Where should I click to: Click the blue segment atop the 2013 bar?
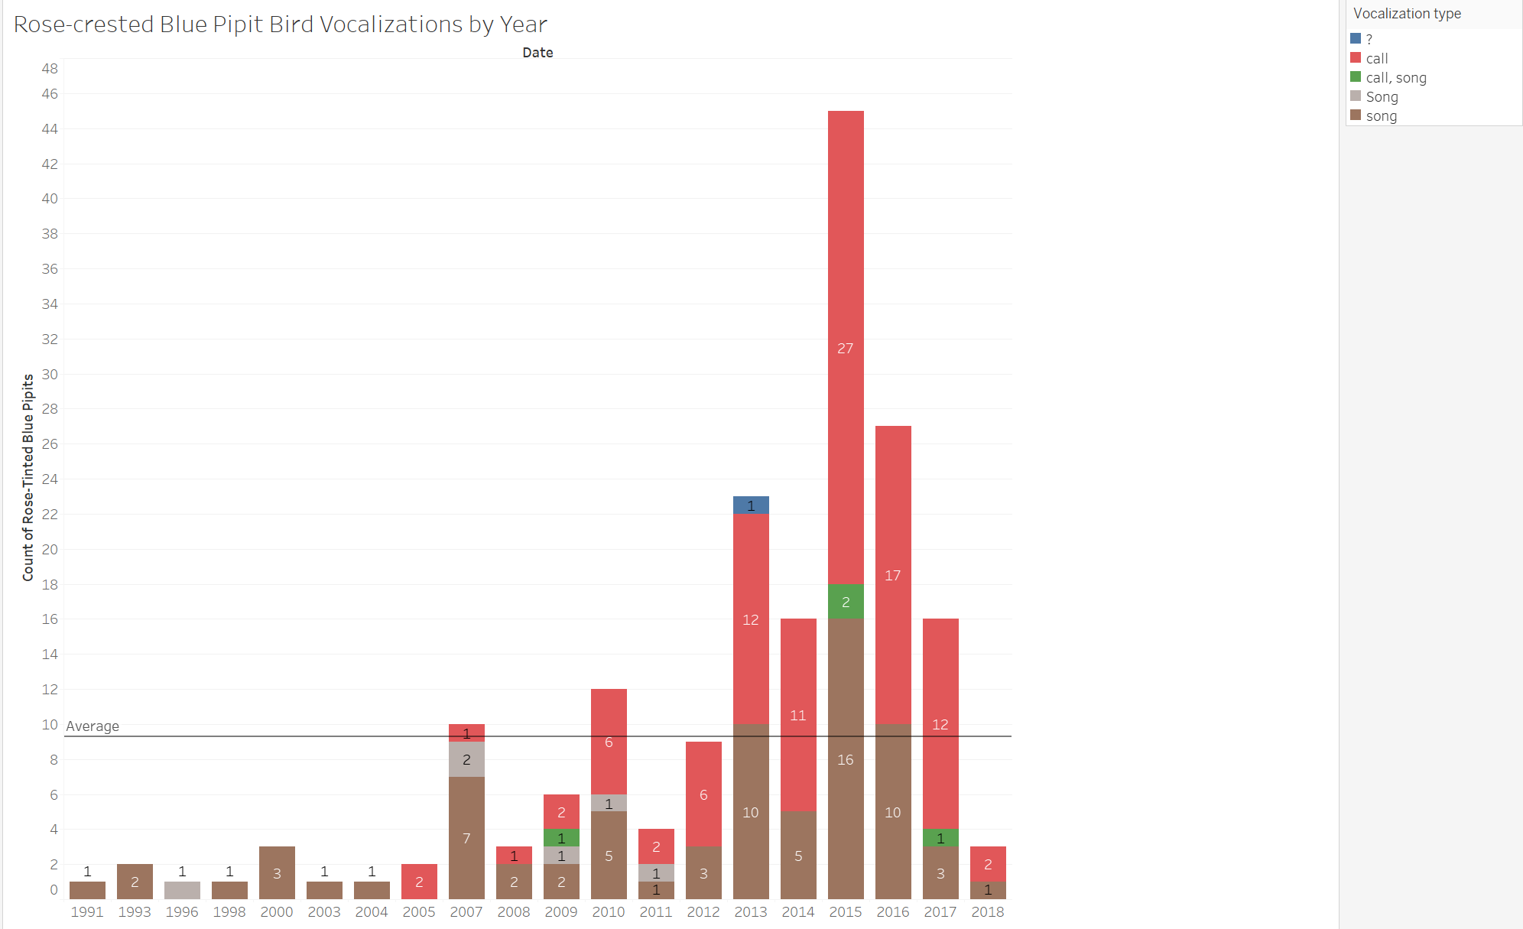[751, 505]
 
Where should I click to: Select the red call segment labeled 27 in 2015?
[846, 347]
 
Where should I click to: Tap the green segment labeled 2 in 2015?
[846, 602]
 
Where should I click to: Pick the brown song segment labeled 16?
[846, 759]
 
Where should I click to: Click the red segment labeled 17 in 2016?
[893, 575]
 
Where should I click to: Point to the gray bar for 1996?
[182, 890]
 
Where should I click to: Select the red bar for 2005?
[419, 882]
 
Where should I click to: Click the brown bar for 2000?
[277, 872]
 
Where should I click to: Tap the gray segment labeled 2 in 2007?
[466, 759]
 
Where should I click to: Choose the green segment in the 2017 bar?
[940, 838]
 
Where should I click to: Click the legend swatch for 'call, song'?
[1356, 77]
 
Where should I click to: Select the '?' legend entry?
[1369, 39]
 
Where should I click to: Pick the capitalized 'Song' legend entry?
[1382, 96]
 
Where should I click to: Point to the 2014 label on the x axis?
[798, 911]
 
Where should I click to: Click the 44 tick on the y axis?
[50, 128]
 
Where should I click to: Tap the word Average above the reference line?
[93, 726]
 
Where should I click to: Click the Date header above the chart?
[537, 53]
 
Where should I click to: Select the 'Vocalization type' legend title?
[1407, 13]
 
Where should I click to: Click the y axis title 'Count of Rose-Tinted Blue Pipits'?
[28, 477]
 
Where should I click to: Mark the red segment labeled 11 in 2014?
[798, 715]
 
